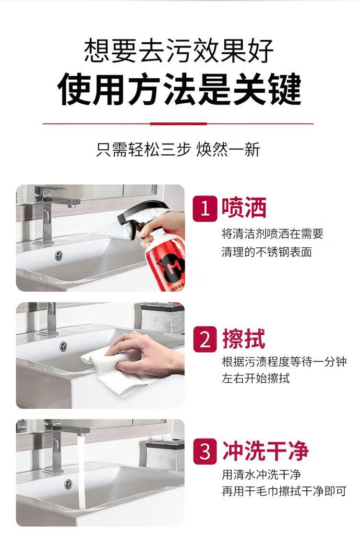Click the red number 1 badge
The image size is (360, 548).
[205, 208]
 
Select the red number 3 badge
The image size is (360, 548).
[205, 451]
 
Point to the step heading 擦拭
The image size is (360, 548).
[244, 339]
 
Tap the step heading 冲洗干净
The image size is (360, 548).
[265, 451]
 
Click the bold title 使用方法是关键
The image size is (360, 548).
[179, 89]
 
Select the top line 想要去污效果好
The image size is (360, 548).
[179, 50]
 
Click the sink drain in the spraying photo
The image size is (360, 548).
[59, 256]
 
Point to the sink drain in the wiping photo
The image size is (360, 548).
[63, 347]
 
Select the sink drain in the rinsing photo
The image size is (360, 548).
[69, 484]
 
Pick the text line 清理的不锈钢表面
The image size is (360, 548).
[267, 252]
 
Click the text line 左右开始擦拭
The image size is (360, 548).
[255, 378]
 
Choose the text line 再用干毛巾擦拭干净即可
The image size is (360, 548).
[284, 491]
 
